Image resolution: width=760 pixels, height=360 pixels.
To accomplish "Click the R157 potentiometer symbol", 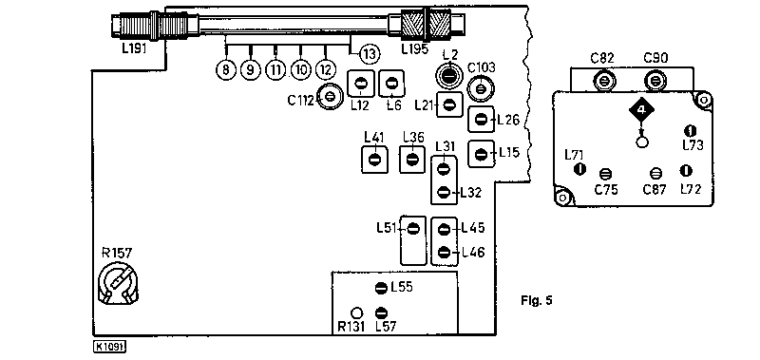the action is (x=118, y=285).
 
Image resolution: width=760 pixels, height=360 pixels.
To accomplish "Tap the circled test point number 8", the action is (x=225, y=69).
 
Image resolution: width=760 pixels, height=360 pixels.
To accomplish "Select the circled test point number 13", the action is (x=369, y=54).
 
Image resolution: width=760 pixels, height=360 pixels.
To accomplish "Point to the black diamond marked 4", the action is (x=642, y=111).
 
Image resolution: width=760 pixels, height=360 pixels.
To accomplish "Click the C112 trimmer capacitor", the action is (x=330, y=97).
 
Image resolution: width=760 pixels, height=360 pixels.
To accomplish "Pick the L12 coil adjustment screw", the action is (x=360, y=84).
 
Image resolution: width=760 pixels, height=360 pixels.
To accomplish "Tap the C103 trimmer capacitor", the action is (x=481, y=88).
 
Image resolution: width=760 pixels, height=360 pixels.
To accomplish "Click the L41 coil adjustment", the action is (x=374, y=159).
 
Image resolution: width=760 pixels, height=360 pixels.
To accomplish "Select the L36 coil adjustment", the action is (x=412, y=159).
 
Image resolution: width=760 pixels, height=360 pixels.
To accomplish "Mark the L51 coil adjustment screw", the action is (x=413, y=229).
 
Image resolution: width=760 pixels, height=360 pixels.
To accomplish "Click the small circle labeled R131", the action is (x=356, y=313).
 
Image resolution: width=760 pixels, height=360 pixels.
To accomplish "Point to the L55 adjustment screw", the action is (x=382, y=288).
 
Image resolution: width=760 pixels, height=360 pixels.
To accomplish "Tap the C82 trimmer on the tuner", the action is (x=602, y=80).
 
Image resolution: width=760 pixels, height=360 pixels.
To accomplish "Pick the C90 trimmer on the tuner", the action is (x=655, y=80).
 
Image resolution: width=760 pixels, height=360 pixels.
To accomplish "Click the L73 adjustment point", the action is (x=691, y=131).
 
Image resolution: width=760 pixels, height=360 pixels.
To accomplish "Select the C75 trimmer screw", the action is (x=605, y=174).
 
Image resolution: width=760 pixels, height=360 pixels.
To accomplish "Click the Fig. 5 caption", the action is (x=537, y=300).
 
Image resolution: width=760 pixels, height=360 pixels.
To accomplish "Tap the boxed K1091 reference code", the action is (x=110, y=347).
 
